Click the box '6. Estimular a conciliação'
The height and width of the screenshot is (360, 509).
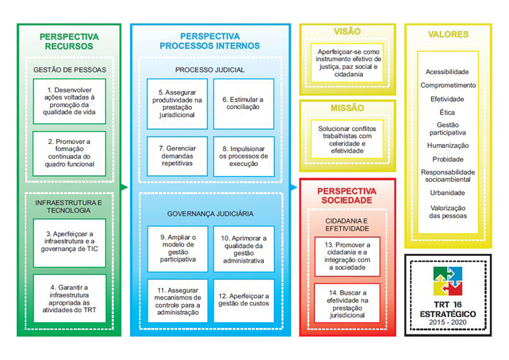click(x=244, y=103)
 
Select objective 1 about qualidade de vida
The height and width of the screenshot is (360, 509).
click(x=70, y=101)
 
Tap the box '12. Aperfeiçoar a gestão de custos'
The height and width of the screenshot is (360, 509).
click(x=244, y=300)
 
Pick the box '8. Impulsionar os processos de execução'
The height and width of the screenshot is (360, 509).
click(x=244, y=156)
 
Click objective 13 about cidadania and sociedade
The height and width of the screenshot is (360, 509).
click(x=347, y=257)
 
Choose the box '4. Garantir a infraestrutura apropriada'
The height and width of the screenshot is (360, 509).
click(x=70, y=298)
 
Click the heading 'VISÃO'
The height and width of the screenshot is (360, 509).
click(x=348, y=31)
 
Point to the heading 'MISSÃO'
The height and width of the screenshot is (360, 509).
click(x=348, y=108)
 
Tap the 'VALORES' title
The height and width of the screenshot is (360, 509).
click(x=448, y=34)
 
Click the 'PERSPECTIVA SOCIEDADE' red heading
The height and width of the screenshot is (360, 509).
click(x=347, y=196)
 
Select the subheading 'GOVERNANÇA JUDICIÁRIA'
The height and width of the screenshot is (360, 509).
click(x=210, y=214)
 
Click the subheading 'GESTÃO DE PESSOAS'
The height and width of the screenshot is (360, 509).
click(x=70, y=70)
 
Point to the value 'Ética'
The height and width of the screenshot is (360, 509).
click(x=447, y=112)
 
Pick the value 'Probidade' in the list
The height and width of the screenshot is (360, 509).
click(x=448, y=159)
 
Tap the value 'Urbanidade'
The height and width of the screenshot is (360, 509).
click(x=447, y=193)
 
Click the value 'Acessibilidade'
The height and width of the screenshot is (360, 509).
click(x=447, y=72)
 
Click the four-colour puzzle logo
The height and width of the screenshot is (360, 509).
click(x=448, y=281)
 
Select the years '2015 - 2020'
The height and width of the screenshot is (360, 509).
click(x=448, y=322)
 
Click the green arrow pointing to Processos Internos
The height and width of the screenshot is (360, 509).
click(x=124, y=188)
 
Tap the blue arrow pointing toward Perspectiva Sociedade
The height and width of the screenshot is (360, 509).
click(x=294, y=188)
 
